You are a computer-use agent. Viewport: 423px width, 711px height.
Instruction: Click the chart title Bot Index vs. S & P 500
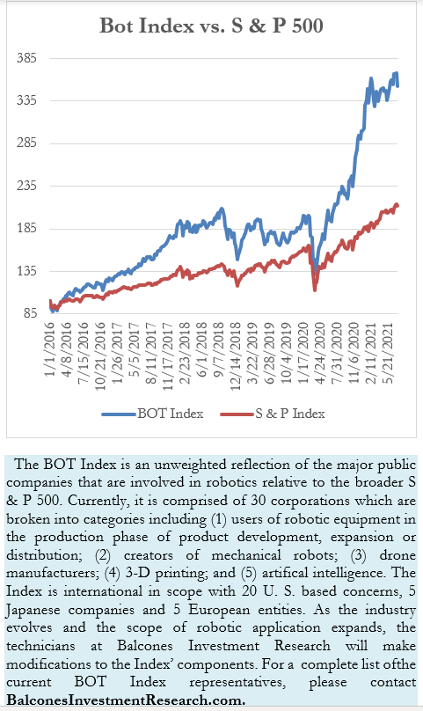(211, 26)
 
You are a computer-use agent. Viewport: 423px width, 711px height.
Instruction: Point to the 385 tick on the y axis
(26, 58)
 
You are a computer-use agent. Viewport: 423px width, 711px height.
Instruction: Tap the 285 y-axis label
(26, 143)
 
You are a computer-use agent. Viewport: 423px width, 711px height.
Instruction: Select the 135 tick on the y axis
(26, 271)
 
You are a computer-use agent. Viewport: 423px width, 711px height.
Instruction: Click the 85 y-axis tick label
(30, 313)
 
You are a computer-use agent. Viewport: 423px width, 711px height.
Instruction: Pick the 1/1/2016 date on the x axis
(49, 349)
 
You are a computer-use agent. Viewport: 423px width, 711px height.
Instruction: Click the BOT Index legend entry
(152, 414)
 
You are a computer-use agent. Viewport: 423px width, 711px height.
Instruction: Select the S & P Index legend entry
(273, 414)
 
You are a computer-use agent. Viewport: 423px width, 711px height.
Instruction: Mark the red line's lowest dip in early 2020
(315, 290)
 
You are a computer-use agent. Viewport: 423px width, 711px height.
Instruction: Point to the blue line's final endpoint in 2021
(397, 85)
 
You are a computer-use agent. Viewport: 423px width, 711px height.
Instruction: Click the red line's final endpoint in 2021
(397, 206)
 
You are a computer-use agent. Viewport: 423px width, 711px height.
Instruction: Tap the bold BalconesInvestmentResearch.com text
(126, 700)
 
